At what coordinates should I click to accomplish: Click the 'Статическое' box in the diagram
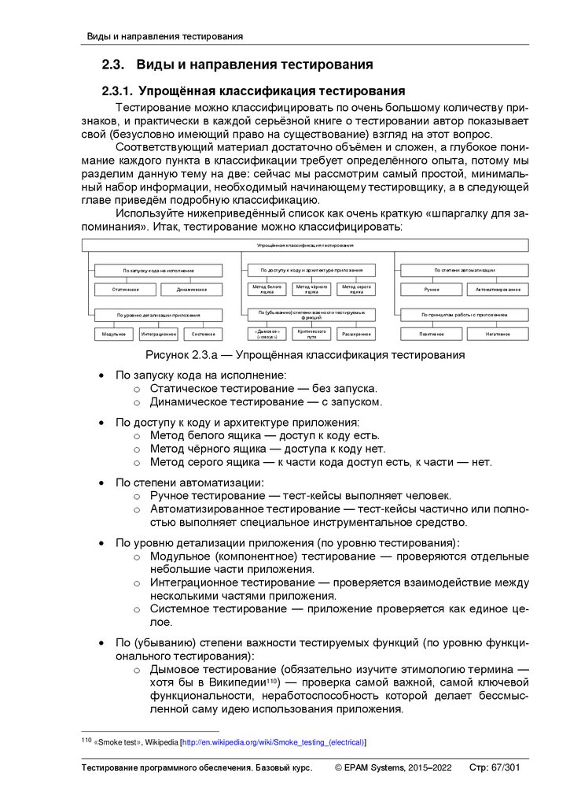tap(116, 290)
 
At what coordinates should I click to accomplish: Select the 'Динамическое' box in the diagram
tap(191, 290)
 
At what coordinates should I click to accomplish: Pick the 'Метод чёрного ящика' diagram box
tap(311, 290)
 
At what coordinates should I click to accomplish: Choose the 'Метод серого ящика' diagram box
tap(356, 290)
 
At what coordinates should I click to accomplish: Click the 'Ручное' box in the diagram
tap(431, 290)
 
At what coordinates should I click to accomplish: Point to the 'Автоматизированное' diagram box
tap(497, 290)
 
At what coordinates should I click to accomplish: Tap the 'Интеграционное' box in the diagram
tap(158, 335)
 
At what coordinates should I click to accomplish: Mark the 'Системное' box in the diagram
tap(203, 335)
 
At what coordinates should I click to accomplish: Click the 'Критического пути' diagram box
tap(311, 334)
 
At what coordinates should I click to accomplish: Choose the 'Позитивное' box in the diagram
tap(431, 335)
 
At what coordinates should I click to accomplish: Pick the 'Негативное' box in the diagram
tap(497, 335)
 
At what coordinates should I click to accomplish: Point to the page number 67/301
tap(503, 768)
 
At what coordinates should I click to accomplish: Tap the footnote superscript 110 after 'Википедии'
tap(273, 680)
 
